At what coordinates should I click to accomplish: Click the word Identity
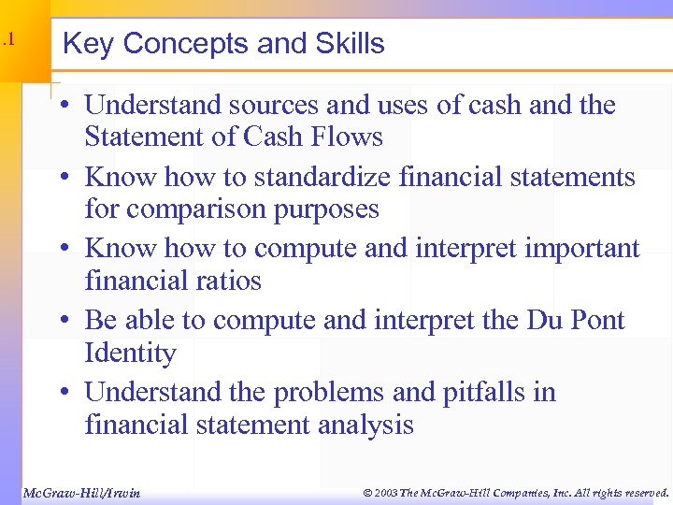[x=130, y=353]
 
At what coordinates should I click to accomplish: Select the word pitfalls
[x=478, y=392]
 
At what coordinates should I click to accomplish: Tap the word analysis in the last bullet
[x=365, y=425]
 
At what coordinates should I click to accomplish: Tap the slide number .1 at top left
[x=7, y=39]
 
